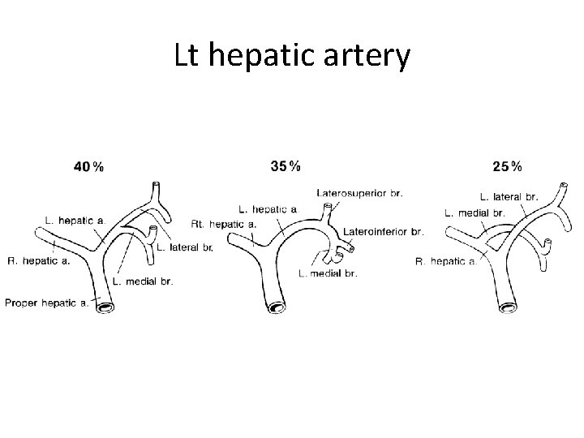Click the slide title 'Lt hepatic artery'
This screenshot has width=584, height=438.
pyautogui.click(x=292, y=56)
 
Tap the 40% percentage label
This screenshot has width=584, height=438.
pyautogui.click(x=88, y=167)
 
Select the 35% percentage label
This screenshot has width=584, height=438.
pyautogui.click(x=284, y=166)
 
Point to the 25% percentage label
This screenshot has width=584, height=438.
pyautogui.click(x=507, y=167)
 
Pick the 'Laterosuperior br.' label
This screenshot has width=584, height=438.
pyautogui.click(x=359, y=192)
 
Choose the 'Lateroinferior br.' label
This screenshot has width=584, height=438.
pyautogui.click(x=384, y=231)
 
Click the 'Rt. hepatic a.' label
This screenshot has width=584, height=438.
pyautogui.click(x=224, y=223)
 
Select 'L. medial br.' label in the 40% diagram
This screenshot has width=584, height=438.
pyautogui.click(x=143, y=281)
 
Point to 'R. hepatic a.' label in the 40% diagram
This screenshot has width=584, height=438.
pyautogui.click(x=38, y=261)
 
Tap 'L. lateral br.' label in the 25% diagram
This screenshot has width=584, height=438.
pyautogui.click(x=509, y=196)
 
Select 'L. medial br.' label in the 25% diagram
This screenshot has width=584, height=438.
pyautogui.click(x=475, y=213)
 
